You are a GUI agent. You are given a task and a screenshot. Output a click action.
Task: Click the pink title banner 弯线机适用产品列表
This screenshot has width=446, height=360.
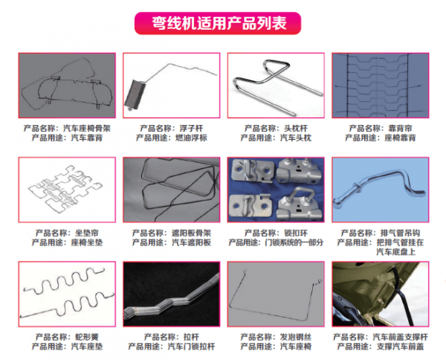[x=218, y=23]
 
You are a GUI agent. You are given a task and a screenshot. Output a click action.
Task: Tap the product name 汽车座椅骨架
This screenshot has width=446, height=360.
[x=87, y=129]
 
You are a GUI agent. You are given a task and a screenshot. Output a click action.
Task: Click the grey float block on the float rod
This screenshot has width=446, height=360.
[x=135, y=94]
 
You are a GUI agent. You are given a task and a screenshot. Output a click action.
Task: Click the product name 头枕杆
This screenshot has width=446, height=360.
[x=296, y=129]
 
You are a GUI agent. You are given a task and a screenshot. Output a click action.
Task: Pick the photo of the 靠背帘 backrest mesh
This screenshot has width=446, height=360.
[x=381, y=86]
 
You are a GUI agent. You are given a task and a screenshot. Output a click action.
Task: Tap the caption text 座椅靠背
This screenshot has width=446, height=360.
[x=400, y=138]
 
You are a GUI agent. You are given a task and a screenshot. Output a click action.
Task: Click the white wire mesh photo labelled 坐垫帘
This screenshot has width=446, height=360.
[x=67, y=190]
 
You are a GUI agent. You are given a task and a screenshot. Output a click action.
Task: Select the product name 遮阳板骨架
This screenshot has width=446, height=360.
[x=191, y=233]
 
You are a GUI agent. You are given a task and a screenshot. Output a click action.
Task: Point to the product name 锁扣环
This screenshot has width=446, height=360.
[x=296, y=233]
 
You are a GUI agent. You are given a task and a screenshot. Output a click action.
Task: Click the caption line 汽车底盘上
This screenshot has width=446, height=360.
[x=396, y=252]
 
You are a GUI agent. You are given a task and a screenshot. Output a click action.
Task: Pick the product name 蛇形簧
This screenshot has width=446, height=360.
[x=87, y=337]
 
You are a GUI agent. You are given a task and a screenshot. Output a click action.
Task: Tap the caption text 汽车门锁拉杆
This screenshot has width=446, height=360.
[x=191, y=347]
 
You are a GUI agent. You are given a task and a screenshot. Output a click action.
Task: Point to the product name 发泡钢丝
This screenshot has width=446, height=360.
[x=296, y=337]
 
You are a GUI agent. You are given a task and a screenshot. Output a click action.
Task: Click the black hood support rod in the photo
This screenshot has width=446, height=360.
[x=401, y=296]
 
